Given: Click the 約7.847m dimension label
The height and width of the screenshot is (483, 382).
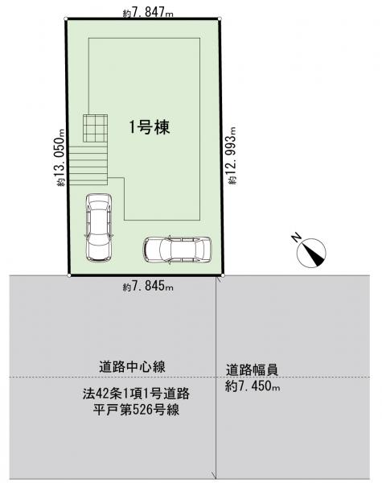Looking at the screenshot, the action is point(148,13).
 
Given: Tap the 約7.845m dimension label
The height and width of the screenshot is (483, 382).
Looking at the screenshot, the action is point(148,287).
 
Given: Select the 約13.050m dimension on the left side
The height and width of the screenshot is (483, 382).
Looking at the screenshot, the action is point(60,158).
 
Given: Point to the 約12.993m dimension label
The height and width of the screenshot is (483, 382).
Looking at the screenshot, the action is point(232,156).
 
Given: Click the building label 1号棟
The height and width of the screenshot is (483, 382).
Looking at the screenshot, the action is point(150,127).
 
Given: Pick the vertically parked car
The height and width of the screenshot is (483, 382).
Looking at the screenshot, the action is point(98,227).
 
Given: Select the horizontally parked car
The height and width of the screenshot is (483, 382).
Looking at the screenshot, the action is point(177,250).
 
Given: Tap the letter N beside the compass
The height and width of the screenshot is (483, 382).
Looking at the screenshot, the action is point(296,237).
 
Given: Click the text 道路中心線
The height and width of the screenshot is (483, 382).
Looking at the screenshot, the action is point(132,366).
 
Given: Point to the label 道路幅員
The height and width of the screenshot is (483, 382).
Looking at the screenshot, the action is point(252,369).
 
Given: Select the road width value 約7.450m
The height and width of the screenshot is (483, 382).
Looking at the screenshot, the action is point(253,386).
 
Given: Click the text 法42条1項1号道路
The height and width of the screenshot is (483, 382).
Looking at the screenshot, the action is point(136,394).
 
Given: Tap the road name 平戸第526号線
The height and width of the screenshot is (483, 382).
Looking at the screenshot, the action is point(137,410).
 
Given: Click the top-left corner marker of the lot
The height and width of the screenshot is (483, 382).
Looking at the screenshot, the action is point(66,19).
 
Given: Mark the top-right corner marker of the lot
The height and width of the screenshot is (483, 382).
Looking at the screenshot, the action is point(220,19).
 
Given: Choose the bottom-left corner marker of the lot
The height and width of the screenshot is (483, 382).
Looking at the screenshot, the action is point(69,275).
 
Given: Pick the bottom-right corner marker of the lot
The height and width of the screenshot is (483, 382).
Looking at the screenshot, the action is point(223,275).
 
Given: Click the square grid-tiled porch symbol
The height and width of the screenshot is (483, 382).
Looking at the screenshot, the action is point(95,128).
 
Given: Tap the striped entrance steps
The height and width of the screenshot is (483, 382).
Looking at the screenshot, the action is point(88,165).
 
